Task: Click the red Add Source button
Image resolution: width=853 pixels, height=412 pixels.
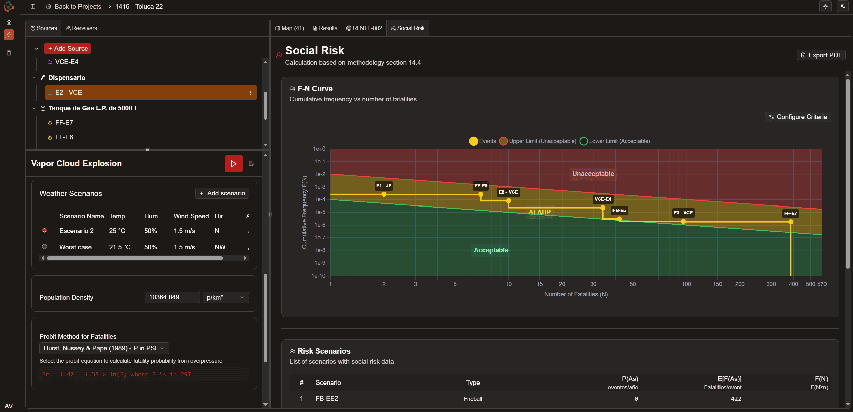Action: click(68, 48)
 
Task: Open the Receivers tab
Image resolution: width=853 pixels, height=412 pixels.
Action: click(81, 28)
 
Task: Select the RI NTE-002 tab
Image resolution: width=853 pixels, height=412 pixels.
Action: click(364, 28)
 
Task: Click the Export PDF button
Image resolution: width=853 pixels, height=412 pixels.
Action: click(821, 55)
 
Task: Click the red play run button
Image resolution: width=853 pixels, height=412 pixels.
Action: click(233, 164)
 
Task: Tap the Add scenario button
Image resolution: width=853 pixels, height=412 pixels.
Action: click(222, 193)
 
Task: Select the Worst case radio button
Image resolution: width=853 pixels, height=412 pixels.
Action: click(44, 247)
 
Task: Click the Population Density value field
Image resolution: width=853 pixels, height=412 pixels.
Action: click(172, 297)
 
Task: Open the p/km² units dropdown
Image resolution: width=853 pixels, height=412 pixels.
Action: click(225, 297)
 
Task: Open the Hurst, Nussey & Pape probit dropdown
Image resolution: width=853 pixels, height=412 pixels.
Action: click(104, 348)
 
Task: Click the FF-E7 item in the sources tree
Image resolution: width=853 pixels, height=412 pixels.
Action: click(64, 123)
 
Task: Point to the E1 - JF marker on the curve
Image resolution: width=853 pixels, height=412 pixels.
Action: click(384, 194)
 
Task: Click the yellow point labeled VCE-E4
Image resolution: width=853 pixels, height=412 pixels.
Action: click(603, 208)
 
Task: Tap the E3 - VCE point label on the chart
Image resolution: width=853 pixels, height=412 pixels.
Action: click(683, 213)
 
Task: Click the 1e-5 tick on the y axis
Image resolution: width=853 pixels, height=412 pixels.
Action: click(320, 212)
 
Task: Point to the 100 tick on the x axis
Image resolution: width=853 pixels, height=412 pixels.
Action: click(686, 284)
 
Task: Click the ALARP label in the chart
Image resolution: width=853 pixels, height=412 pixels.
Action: click(539, 212)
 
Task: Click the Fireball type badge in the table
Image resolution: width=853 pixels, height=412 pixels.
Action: click(473, 399)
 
